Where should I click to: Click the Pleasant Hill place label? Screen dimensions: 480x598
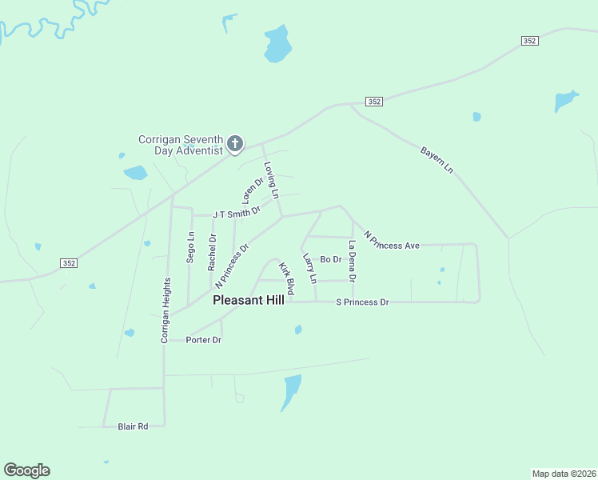click(249, 301)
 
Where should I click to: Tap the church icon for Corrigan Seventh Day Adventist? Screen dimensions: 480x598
click(235, 144)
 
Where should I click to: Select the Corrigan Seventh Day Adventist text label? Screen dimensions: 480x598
click(180, 145)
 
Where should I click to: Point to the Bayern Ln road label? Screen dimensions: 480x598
click(437, 159)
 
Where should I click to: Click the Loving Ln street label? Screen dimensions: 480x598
click(271, 181)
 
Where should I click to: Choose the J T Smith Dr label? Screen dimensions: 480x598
click(237, 213)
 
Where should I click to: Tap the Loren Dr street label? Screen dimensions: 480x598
click(253, 190)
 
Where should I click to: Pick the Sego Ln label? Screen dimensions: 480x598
click(190, 246)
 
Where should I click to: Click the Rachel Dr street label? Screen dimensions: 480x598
click(212, 251)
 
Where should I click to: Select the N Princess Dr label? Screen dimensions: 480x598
click(232, 266)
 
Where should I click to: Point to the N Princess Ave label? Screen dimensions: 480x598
click(391, 241)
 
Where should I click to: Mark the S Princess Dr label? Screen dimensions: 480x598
click(362, 302)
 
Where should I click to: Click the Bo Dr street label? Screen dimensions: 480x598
click(331, 259)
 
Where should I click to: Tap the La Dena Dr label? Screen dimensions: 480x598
click(352, 261)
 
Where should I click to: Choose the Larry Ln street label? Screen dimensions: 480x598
click(309, 269)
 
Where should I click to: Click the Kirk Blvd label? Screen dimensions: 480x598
click(286, 277)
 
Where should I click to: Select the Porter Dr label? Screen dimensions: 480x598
click(203, 340)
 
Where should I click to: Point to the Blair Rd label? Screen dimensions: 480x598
click(133, 426)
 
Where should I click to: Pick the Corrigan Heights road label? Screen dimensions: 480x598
click(165, 310)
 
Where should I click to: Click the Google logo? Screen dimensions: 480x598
click(26, 470)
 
